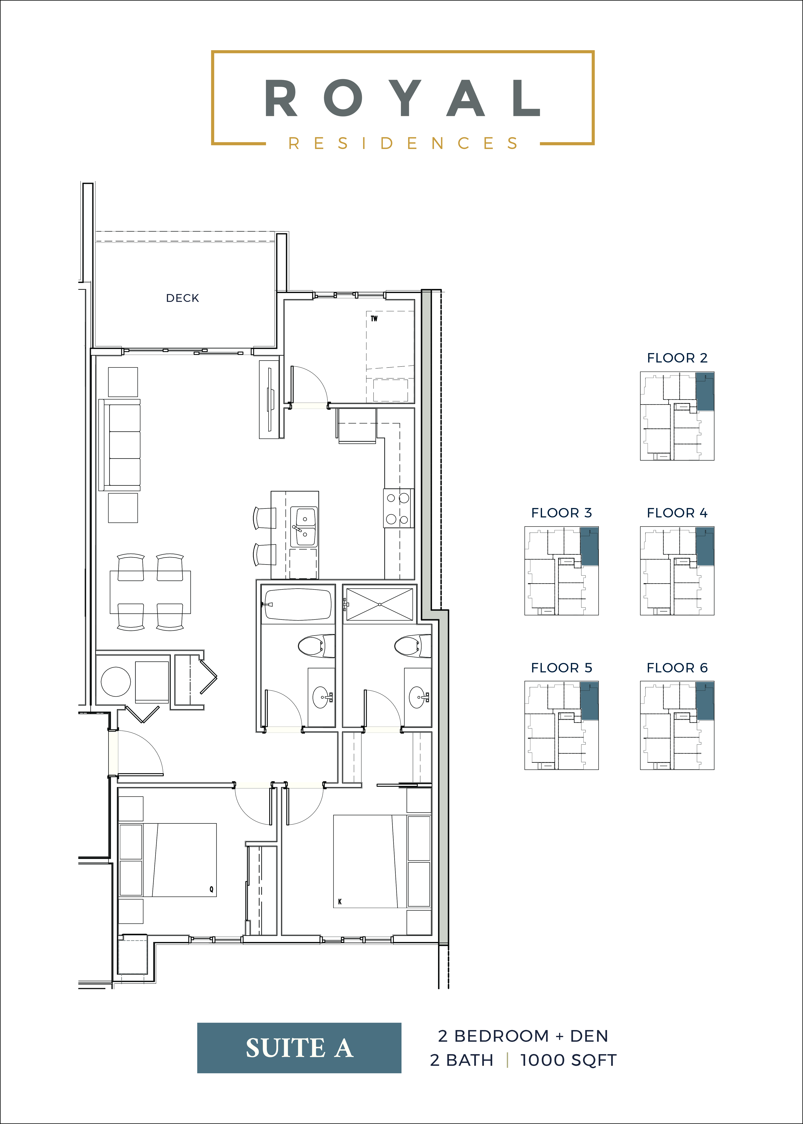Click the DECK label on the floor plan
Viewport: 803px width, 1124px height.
(182, 298)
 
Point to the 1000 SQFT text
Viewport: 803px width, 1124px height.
(568, 1060)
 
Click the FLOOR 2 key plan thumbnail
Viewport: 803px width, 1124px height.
(677, 416)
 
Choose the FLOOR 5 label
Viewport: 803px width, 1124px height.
(561, 668)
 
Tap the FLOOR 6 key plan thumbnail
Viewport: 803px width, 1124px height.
(677, 725)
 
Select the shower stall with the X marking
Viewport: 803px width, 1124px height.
(379, 604)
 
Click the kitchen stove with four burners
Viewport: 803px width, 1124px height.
(398, 508)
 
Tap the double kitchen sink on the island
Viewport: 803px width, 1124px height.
(304, 527)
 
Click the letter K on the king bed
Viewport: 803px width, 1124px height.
(340, 902)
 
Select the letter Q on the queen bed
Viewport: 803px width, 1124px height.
(211, 889)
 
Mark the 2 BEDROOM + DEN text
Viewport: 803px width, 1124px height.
(523, 1036)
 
